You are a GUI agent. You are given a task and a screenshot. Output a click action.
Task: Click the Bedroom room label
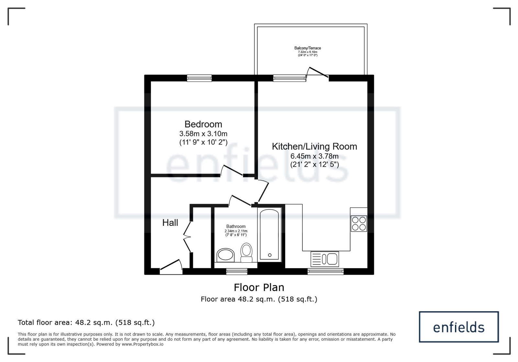tap(203, 124)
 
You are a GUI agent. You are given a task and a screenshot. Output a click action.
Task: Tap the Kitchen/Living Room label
tap(314, 147)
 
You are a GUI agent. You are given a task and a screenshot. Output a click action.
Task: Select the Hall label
tap(170, 223)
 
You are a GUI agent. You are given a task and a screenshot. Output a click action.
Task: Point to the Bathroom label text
tap(236, 226)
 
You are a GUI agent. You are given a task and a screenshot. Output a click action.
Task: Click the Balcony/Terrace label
tap(308, 48)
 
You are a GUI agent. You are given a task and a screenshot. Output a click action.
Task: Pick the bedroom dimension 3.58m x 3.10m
tap(203, 134)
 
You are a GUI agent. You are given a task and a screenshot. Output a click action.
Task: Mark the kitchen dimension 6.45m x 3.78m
tap(314, 156)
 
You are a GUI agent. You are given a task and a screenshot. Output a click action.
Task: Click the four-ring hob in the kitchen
tap(359, 224)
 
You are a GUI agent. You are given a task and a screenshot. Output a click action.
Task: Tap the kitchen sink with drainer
tap(325, 259)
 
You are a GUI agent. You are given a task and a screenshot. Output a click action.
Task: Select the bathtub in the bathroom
tap(269, 235)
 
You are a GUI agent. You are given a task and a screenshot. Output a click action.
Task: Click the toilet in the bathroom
tap(246, 253)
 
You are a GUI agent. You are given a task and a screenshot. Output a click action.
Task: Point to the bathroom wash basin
tap(225, 255)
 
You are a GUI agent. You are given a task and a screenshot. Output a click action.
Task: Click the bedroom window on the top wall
tap(199, 78)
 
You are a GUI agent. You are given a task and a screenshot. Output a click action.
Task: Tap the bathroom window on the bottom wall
tap(237, 271)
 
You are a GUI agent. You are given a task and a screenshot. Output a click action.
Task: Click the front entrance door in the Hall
tap(171, 267)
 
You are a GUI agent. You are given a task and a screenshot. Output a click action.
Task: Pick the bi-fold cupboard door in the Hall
tap(187, 237)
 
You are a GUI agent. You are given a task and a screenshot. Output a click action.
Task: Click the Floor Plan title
tap(259, 288)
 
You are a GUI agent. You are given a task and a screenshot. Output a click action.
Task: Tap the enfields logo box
tap(459, 327)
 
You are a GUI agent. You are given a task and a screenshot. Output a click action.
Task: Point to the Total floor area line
tap(86, 322)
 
